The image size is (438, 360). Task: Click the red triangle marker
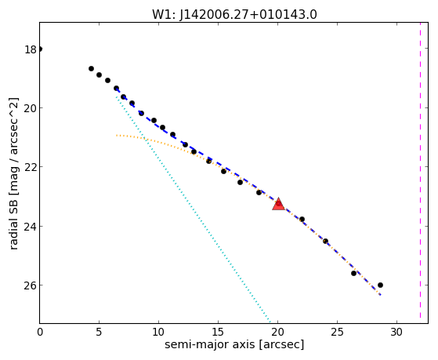coord(278,204)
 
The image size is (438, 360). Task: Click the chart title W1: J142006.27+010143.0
coord(234,15)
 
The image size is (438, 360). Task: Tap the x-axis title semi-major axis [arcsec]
coord(234,344)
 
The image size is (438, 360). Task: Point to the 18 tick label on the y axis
coord(31,49)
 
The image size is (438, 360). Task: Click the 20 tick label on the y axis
coord(31,108)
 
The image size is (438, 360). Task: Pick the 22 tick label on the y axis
coord(31,167)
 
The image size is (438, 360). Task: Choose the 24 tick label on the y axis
coord(31,227)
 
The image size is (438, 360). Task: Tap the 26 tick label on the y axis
coord(31,285)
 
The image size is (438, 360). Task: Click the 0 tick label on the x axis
coord(40,332)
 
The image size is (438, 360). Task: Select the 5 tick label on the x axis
coord(99,332)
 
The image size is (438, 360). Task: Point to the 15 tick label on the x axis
coord(218,332)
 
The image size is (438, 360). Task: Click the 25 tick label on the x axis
coord(337,332)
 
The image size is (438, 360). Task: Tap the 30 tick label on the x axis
coord(396,332)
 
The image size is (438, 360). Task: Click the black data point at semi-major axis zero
coord(40,49)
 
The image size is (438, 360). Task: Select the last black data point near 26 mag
coord(380,285)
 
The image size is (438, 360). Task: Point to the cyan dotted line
coord(194,209)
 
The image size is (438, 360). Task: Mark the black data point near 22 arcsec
coord(302,220)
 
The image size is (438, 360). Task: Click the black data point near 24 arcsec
coord(325,241)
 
